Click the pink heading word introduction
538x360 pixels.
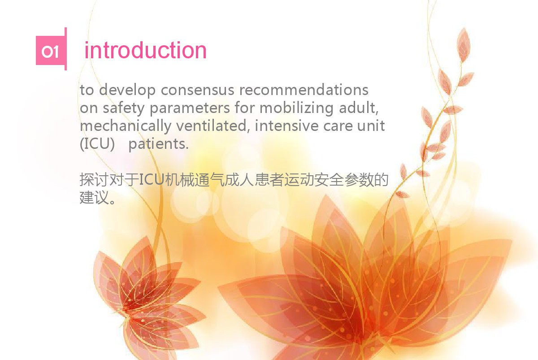point(146,50)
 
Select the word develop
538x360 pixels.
point(127,91)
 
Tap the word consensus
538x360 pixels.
point(197,90)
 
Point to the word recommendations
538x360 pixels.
point(304,90)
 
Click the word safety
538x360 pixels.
point(124,108)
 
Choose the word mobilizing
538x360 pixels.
point(296,108)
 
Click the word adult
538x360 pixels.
point(359,108)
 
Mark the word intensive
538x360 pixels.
point(286,126)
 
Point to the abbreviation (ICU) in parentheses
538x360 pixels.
point(97,144)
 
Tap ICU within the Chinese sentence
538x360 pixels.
point(152,179)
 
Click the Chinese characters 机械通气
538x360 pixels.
point(194,180)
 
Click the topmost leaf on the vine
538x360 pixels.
point(464,45)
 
